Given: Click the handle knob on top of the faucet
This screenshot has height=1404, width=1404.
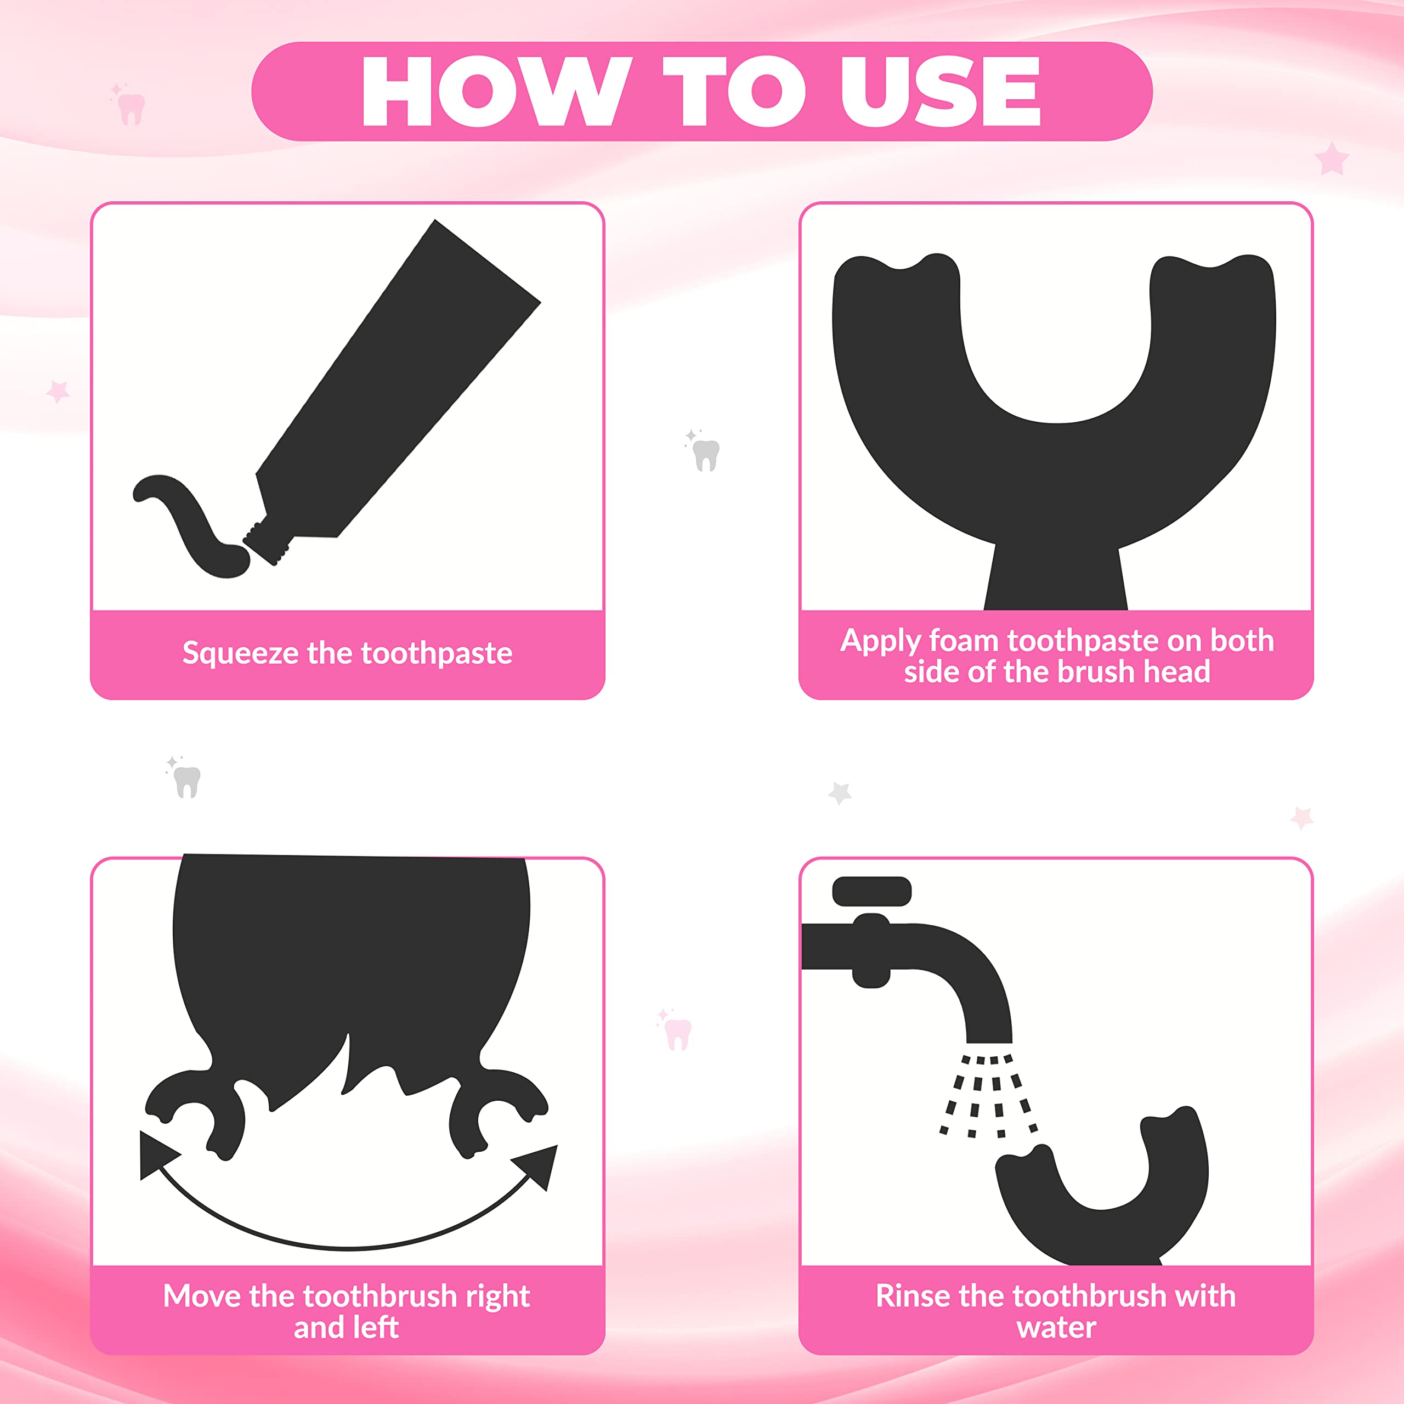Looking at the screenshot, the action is click(x=871, y=891).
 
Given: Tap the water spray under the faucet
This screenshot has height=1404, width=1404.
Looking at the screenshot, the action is click(x=988, y=1095).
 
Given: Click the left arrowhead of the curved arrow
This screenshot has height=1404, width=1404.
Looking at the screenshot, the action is click(x=156, y=1155).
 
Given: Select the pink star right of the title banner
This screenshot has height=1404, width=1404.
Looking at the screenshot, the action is click(x=1331, y=159).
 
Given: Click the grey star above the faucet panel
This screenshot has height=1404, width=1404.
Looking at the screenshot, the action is click(x=840, y=793).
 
